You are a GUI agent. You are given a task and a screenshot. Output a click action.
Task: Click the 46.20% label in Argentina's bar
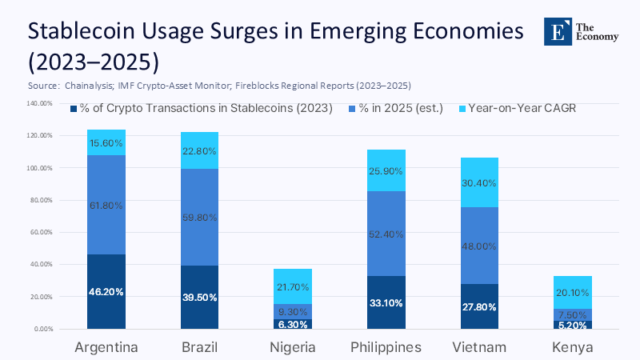(106, 292)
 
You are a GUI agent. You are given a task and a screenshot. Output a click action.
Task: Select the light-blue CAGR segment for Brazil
(199, 150)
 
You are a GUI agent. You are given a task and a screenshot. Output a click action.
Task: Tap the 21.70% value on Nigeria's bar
(293, 286)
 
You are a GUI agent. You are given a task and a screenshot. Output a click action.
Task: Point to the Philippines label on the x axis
(386, 346)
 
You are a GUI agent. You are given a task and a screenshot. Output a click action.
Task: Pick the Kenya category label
(573, 346)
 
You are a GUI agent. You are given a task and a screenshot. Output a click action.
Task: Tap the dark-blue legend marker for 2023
(74, 108)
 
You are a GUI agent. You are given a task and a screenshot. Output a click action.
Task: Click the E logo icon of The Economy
(557, 30)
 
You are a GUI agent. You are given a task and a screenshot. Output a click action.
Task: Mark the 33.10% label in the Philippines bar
(386, 303)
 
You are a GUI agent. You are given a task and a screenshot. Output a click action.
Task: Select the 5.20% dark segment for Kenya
(573, 325)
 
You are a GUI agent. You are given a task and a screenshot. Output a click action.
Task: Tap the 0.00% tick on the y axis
(42, 329)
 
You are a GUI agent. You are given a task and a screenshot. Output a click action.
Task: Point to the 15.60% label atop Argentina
(106, 142)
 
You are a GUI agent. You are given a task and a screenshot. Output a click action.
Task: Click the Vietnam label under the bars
(480, 346)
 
